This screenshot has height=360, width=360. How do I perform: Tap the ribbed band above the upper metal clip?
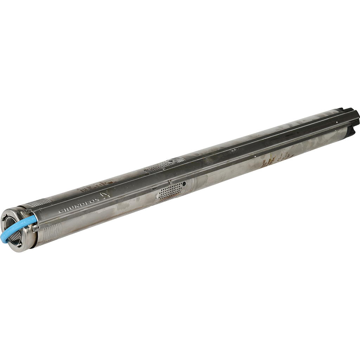pos(39,202)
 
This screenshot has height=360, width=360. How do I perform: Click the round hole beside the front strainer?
pos(184,183)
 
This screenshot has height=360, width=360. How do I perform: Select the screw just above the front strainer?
pos(170,182)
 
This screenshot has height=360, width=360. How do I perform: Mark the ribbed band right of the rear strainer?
pos(179,160)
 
